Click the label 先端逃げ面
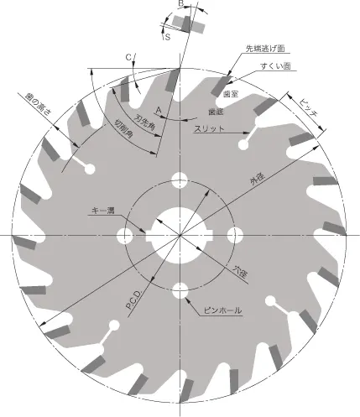click(265, 49)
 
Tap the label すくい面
click(275, 66)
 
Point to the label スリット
click(209, 128)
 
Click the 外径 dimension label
click(258, 179)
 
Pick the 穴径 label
click(240, 271)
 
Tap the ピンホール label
click(222, 310)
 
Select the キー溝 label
click(103, 211)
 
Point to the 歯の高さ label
click(39, 103)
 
